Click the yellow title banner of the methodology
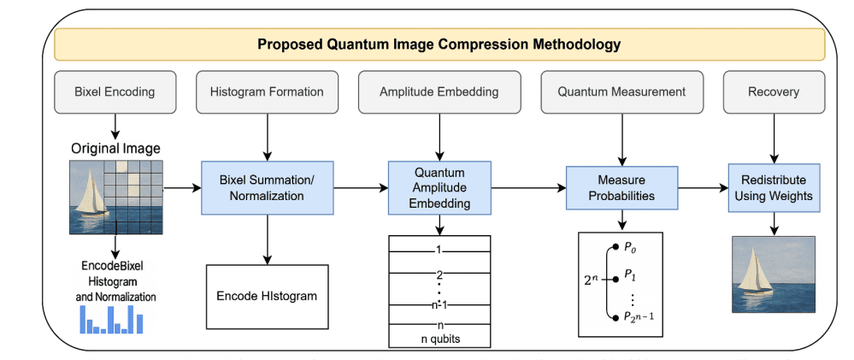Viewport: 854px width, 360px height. pos(439,44)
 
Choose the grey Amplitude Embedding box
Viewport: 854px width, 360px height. pos(439,91)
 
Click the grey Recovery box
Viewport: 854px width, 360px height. pos(774,91)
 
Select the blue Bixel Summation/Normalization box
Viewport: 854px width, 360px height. pos(267,187)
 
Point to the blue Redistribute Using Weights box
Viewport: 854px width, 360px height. pos(774,187)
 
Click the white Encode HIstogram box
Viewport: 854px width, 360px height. pos(268,296)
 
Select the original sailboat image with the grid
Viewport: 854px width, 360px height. pos(115,196)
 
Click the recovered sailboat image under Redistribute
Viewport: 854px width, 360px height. pos(774,274)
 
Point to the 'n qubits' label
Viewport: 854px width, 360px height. pos(440,339)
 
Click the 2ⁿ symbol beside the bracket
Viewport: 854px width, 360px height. pos(592,278)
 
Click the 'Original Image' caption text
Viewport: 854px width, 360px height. pos(115,148)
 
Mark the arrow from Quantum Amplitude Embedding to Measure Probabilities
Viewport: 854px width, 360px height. pos(529,187)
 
